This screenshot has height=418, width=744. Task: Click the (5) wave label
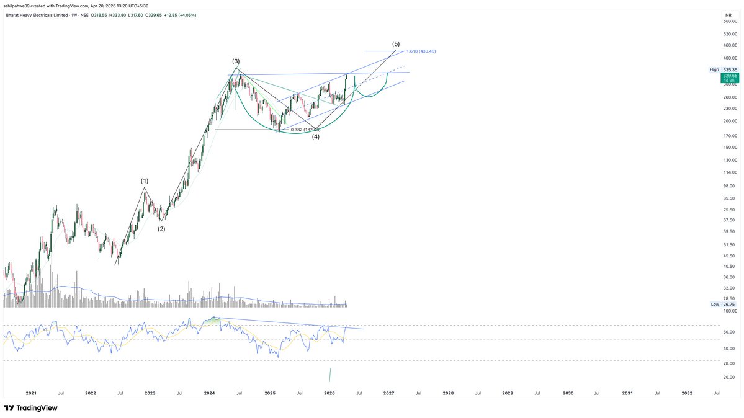pos(396,44)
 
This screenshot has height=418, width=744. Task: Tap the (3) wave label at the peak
pos(236,61)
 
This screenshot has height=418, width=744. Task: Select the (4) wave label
pos(316,136)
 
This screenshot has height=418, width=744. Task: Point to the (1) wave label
pos(145,181)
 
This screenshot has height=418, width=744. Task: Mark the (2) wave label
pos(161,229)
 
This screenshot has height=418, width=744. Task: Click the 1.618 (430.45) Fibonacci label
pos(421,51)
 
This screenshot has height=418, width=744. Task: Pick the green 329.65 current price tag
pos(729,76)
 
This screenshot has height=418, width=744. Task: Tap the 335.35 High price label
pos(730,69)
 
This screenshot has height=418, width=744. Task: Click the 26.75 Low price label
pos(730,305)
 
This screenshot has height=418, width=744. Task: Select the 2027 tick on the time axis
pos(388,393)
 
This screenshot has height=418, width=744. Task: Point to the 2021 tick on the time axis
pos(31,393)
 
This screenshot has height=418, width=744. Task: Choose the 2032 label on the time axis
pos(687,393)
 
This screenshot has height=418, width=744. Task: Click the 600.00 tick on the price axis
pos(730,21)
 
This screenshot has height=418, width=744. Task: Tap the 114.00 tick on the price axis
pos(730,172)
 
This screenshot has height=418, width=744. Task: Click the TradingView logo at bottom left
pos(31,408)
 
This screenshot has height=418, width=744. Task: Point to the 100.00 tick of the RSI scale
pos(730,311)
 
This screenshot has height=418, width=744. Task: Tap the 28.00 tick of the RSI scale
pos(730,363)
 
